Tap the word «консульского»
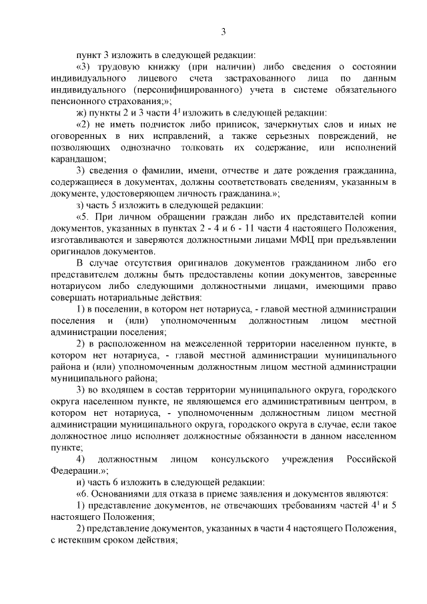pos(240,460)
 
